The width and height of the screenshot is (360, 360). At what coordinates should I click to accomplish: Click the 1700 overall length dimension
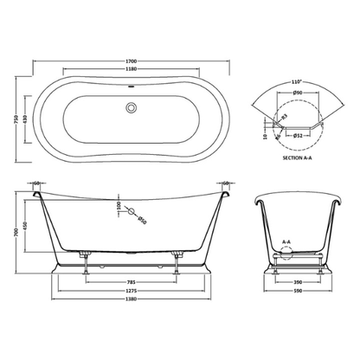point(131,62)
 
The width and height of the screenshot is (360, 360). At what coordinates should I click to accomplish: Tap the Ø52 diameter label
point(299,135)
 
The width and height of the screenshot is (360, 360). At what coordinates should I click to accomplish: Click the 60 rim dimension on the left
point(39,183)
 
